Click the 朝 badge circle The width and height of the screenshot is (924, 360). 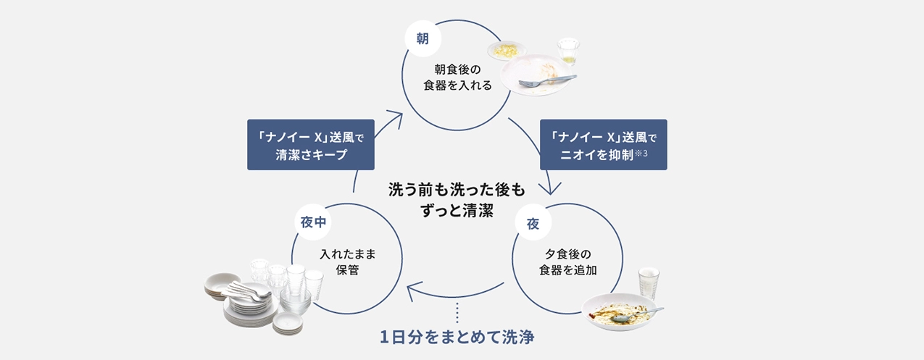pos(421,39)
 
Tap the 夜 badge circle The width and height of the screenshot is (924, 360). pos(533,224)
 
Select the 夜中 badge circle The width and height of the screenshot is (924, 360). pos(314,222)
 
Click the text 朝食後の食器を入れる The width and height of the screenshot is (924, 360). pos(457,78)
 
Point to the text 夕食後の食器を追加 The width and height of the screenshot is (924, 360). pos(567,262)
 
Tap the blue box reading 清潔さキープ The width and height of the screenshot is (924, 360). pos(310,145)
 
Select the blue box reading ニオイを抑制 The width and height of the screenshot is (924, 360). pos(603,145)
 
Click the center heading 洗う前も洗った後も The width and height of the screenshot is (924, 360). pos(457,190)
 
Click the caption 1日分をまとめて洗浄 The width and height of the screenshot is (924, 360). pos(457,338)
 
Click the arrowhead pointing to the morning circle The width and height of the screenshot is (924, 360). pos(395,115)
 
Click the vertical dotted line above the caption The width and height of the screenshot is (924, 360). pos(457,313)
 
